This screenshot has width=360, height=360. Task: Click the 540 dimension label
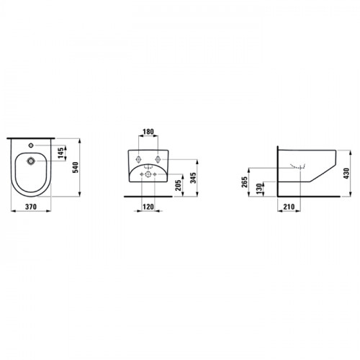click(x=75, y=168)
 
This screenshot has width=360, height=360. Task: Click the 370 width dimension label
click(x=31, y=207)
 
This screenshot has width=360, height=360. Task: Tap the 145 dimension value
click(x=60, y=153)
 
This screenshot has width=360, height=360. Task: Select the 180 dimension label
click(x=148, y=132)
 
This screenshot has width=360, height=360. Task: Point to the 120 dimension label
click(x=148, y=207)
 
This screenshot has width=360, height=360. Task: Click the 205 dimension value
click(x=178, y=185)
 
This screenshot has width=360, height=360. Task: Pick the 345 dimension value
click(x=193, y=178)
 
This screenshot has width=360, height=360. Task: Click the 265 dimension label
click(x=244, y=182)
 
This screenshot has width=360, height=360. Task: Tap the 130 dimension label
click(x=258, y=189)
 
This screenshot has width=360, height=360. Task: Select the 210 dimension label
click(x=289, y=207)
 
